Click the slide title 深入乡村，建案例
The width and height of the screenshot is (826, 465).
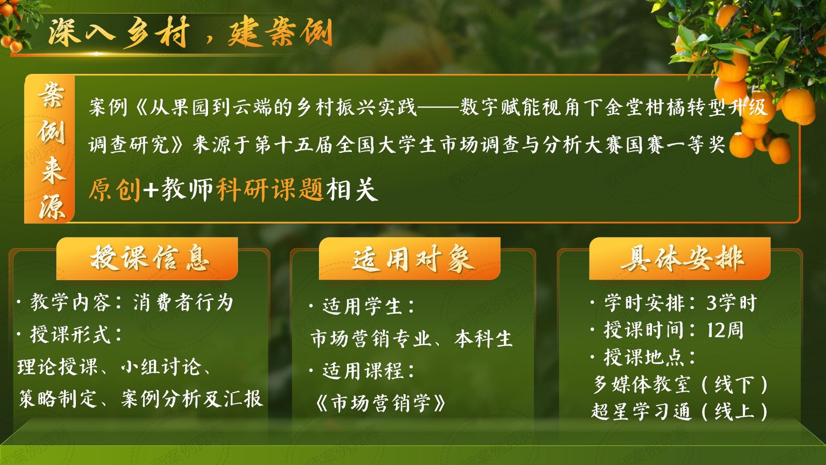(x=190, y=33)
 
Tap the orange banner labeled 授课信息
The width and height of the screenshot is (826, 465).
(x=147, y=258)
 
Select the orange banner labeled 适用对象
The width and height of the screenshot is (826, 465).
(x=410, y=258)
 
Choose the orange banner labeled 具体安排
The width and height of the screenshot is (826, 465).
(x=679, y=258)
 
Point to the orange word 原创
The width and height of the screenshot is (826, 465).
(x=115, y=190)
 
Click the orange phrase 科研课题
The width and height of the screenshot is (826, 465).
(x=271, y=190)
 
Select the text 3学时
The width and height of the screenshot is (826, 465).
(x=732, y=303)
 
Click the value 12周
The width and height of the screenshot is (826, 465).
(x=725, y=330)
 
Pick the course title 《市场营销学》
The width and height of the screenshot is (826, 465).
(x=380, y=403)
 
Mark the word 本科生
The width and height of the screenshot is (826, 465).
(x=483, y=339)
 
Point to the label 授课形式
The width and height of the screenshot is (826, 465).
(x=70, y=335)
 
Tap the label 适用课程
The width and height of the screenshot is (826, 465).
(x=363, y=371)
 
